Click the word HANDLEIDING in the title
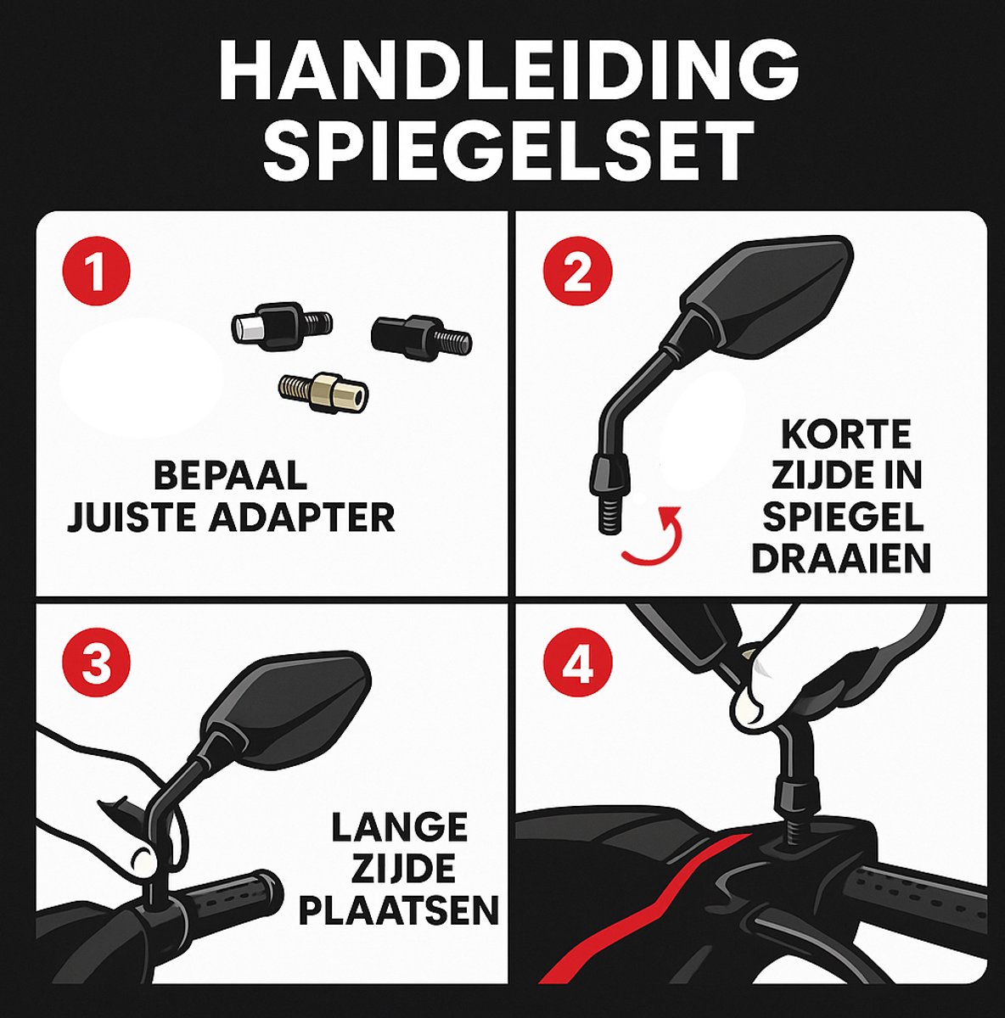coord(508,71)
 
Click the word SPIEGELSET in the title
coord(508,150)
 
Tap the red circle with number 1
coord(97,274)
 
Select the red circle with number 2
coord(577,272)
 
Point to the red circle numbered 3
coord(97,663)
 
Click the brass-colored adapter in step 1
coord(327,392)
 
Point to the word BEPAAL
coord(230,476)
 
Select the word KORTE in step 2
coord(845,435)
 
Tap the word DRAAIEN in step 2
coord(842,559)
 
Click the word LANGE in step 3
coord(399,827)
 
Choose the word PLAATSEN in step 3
coord(399,910)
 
